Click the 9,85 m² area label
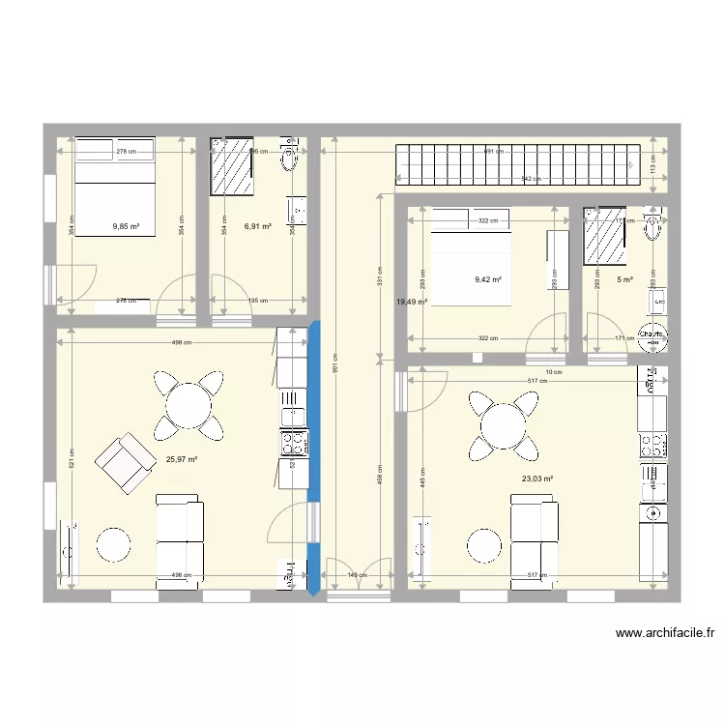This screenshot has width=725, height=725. [x=126, y=227]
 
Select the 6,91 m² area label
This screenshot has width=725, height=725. [x=257, y=227]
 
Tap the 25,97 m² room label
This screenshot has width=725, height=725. [x=181, y=460]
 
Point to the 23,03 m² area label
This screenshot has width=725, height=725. [x=537, y=478]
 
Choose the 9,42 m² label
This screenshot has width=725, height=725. [x=487, y=280]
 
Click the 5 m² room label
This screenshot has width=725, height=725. [x=625, y=280]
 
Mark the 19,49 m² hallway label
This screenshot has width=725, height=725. [x=411, y=302]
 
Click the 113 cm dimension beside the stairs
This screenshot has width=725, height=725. [x=652, y=169]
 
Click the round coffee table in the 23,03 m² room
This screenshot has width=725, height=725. [x=485, y=544]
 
